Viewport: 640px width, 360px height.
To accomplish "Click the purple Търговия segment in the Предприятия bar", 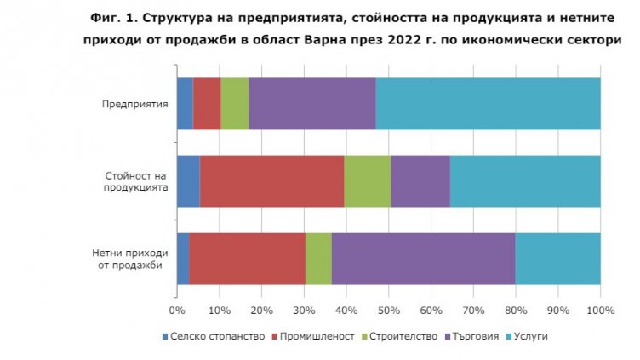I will [312, 104].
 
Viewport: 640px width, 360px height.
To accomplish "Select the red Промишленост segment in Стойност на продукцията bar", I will [271, 181].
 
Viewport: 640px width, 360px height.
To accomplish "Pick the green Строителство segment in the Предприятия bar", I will [235, 104].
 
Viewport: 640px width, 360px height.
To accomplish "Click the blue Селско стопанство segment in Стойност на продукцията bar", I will [188, 181].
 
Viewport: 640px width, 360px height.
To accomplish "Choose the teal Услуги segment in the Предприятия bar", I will [488, 104].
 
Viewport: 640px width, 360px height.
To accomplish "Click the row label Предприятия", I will [134, 104].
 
